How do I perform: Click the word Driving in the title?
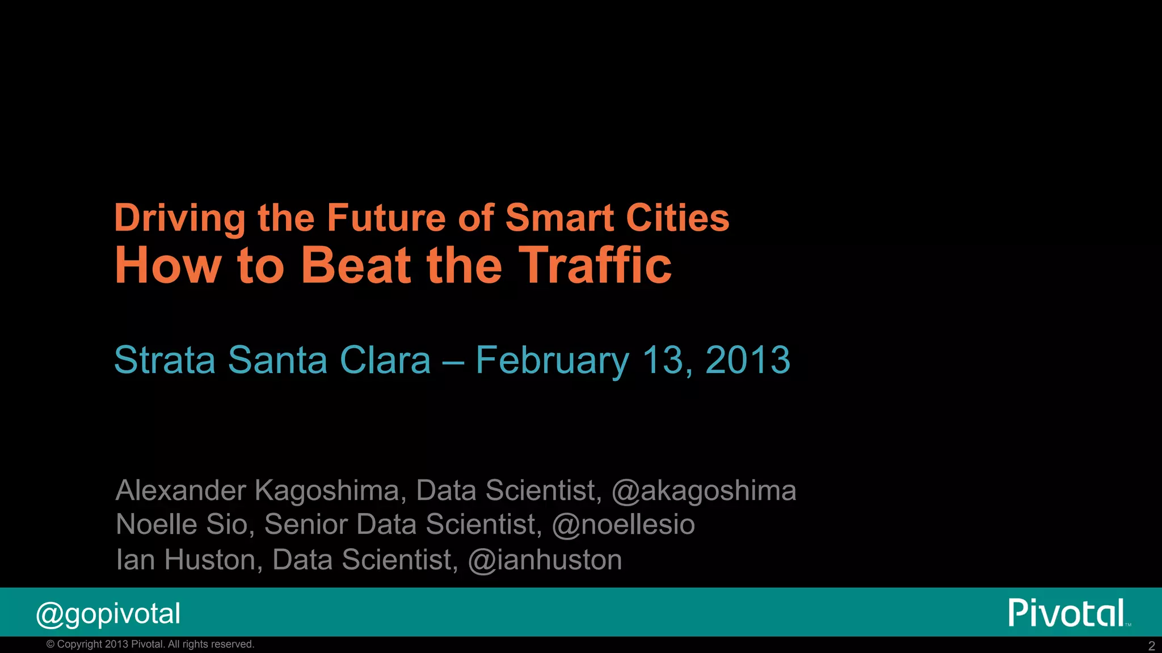[x=180, y=219]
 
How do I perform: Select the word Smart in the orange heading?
[x=559, y=218]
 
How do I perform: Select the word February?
[x=552, y=361]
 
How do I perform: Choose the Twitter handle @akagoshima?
[x=704, y=491]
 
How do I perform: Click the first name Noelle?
[x=156, y=524]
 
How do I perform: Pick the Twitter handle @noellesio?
[x=623, y=524]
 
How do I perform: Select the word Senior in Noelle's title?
[x=306, y=524]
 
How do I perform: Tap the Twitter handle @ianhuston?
[x=545, y=560]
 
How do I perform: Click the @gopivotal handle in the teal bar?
[x=108, y=614]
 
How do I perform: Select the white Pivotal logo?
[x=1067, y=613]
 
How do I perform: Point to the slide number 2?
[x=1151, y=646]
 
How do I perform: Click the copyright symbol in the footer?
[x=50, y=644]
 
